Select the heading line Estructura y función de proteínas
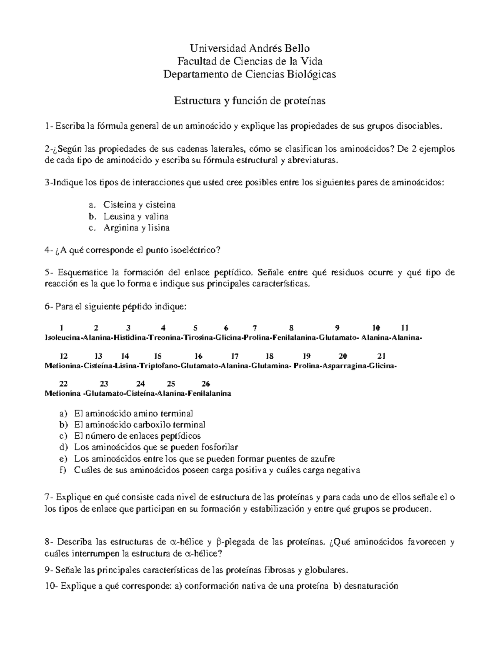(249, 101)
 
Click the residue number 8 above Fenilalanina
(291, 327)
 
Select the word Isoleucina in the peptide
(62, 338)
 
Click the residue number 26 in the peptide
(206, 384)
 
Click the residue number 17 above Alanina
(235, 356)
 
